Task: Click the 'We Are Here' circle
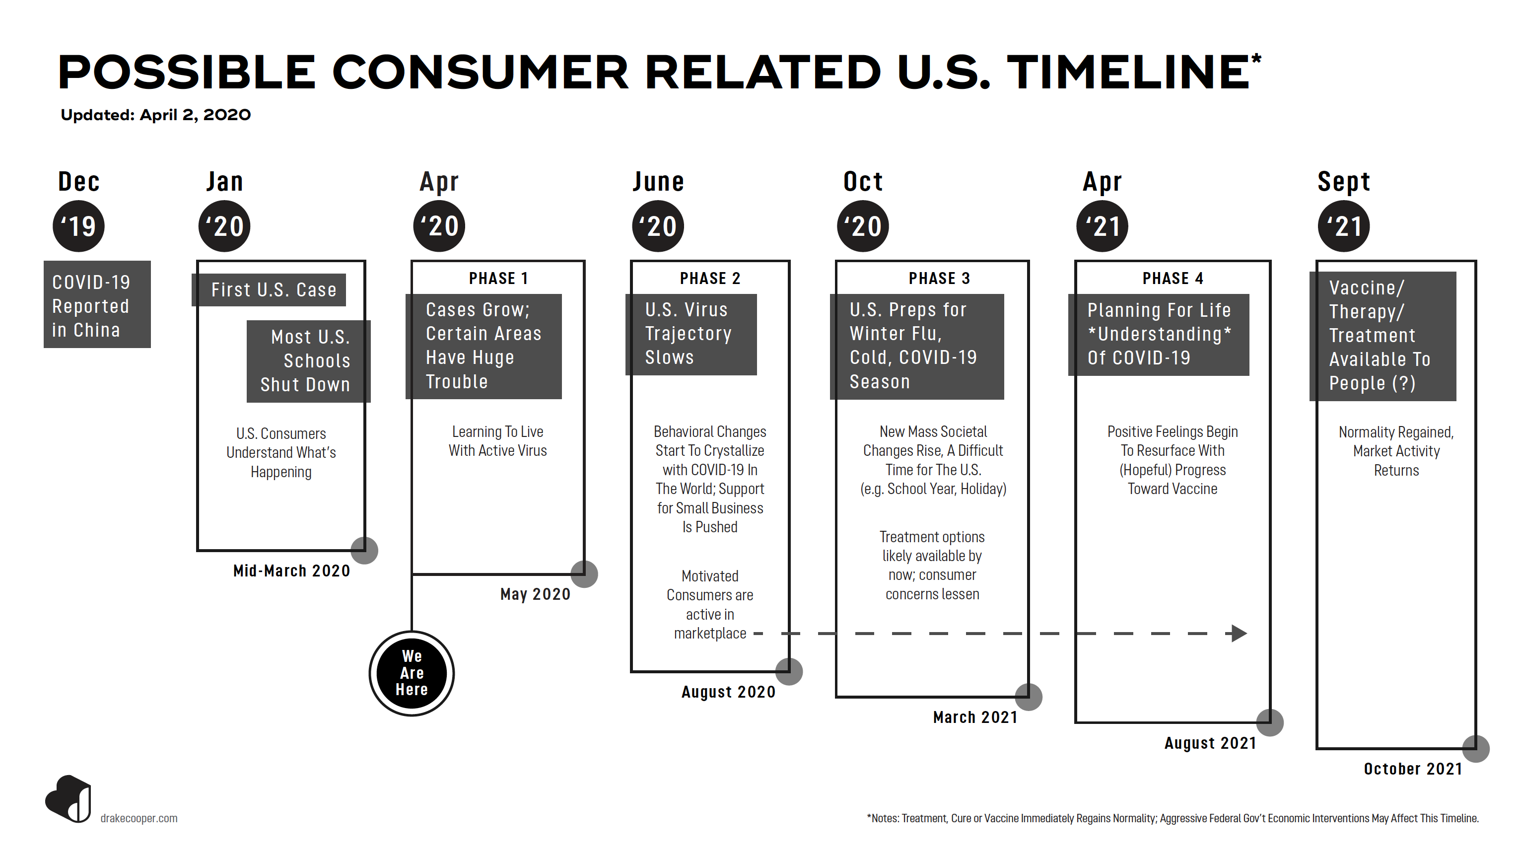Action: pyautogui.click(x=411, y=673)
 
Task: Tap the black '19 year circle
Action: pyautogui.click(x=78, y=226)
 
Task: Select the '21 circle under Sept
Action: pyautogui.click(x=1344, y=226)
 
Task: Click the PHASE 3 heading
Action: pyautogui.click(x=939, y=279)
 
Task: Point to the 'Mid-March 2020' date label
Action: pyautogui.click(x=291, y=571)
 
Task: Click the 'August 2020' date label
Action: pyautogui.click(x=728, y=692)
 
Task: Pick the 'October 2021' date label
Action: pyautogui.click(x=1413, y=769)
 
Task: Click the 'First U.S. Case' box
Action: pyautogui.click(x=269, y=290)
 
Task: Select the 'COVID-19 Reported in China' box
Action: pyautogui.click(x=97, y=305)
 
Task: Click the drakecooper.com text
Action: pyautogui.click(x=138, y=818)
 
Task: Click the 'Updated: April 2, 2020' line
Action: pyautogui.click(x=156, y=115)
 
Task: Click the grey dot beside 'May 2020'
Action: pyautogui.click(x=584, y=574)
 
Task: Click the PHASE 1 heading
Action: pyautogui.click(x=498, y=279)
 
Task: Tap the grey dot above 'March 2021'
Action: pyautogui.click(x=1029, y=697)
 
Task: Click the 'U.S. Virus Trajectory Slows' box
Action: pyautogui.click(x=691, y=335)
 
